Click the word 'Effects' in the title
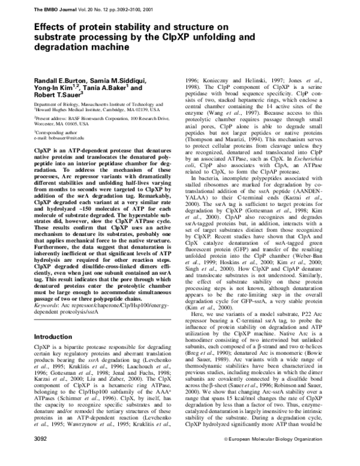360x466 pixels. [x=52, y=27]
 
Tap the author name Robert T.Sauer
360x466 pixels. [x=56, y=95]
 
